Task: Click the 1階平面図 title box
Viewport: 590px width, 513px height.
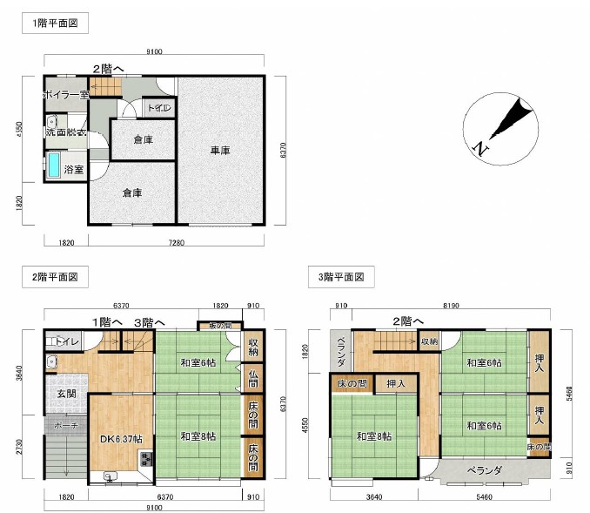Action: (x=54, y=24)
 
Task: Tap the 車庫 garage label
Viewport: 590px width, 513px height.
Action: (x=220, y=151)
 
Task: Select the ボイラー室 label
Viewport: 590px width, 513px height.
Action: (x=65, y=94)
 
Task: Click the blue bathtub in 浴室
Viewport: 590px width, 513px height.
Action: (x=53, y=165)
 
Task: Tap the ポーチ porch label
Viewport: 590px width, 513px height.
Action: (x=65, y=425)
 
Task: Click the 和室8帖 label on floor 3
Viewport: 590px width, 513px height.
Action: (x=373, y=436)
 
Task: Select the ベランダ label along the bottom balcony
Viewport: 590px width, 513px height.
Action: (x=485, y=470)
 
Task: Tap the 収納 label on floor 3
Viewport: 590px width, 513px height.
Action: (x=430, y=341)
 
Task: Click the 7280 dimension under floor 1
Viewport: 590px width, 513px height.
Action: (x=173, y=242)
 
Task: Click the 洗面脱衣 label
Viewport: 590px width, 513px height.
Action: (x=66, y=132)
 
